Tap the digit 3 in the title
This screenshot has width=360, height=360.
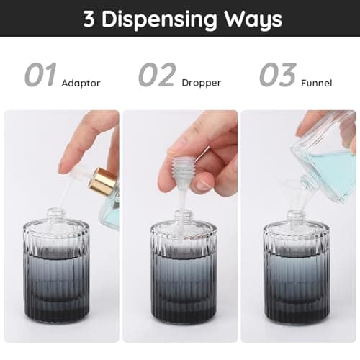coord(89,19)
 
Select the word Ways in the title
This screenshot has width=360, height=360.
coord(253,19)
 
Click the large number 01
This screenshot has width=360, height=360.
coord(40,75)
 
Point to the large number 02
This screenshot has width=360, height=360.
coord(158,75)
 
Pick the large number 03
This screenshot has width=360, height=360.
coord(277,75)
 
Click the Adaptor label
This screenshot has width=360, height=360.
coord(81,84)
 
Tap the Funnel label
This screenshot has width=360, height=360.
coord(318,84)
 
